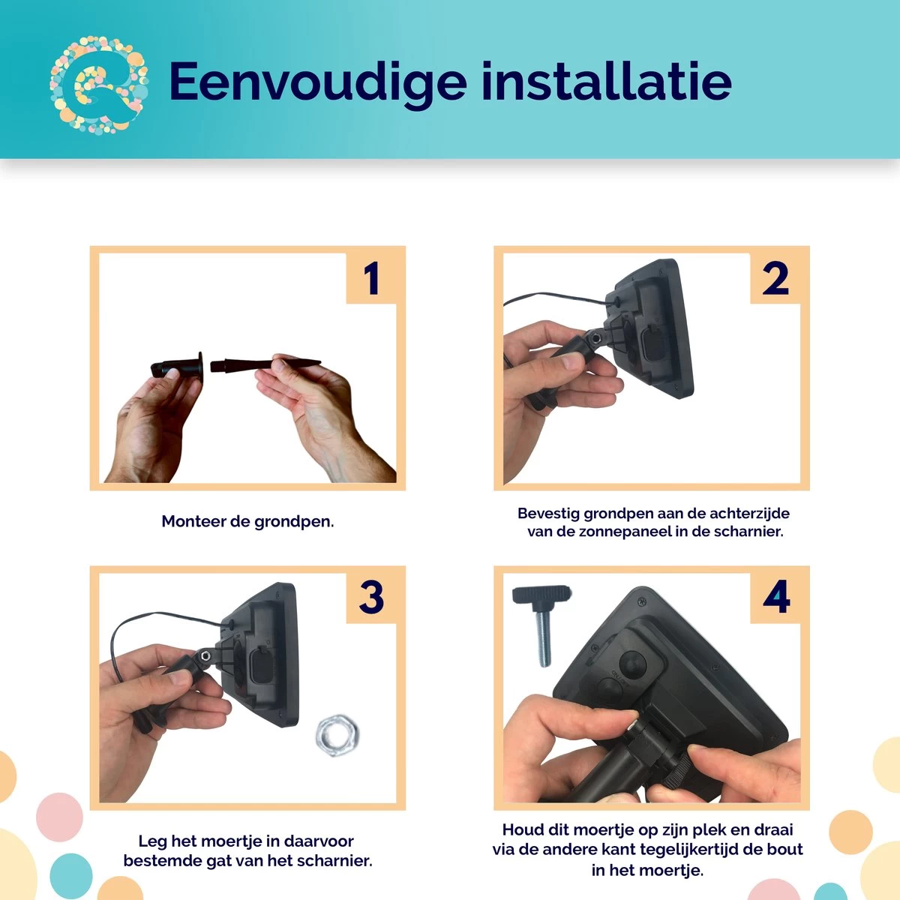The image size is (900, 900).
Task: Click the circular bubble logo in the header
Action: click(99, 85)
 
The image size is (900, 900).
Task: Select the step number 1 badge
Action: click(371, 278)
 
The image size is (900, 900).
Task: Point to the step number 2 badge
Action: click(775, 278)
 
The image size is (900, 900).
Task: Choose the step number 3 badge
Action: click(371, 598)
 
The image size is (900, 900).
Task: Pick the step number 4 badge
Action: click(775, 598)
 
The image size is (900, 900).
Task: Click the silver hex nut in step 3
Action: click(337, 735)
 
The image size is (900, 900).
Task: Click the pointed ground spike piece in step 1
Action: click(265, 364)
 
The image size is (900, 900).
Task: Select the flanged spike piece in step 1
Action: click(178, 366)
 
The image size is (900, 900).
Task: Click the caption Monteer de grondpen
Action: click(247, 522)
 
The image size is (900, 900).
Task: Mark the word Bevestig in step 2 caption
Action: click(548, 514)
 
